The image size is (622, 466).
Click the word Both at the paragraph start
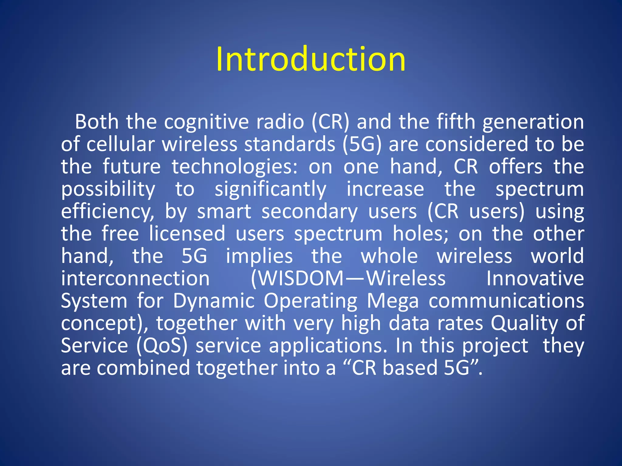coord(97,122)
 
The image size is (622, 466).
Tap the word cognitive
coord(207,122)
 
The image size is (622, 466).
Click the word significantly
coord(270,189)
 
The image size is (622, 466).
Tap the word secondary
coord(309,211)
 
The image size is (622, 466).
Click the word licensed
coord(187,234)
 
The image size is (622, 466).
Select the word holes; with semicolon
coord(421,234)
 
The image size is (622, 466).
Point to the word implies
coord(259,256)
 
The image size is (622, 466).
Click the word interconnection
coord(135,279)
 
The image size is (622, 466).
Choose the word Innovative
coord(535,279)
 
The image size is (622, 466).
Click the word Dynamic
coord(214,301)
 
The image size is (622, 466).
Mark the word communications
coord(506,301)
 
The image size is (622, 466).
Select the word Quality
coord(524,323)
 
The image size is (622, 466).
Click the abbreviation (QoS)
coord(162,346)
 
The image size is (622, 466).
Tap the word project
coord(495,346)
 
